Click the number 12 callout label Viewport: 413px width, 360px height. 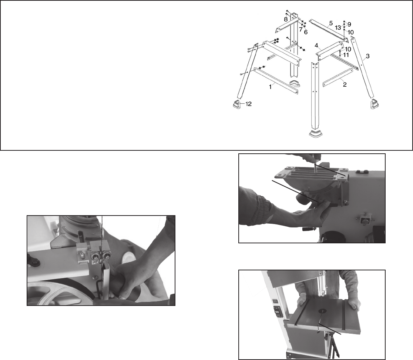tap(248, 104)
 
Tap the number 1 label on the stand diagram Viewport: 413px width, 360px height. tap(270, 87)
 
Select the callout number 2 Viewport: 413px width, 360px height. tap(345, 84)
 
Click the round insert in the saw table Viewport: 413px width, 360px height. tap(322, 311)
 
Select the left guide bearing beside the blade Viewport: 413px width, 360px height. tap(95, 256)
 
